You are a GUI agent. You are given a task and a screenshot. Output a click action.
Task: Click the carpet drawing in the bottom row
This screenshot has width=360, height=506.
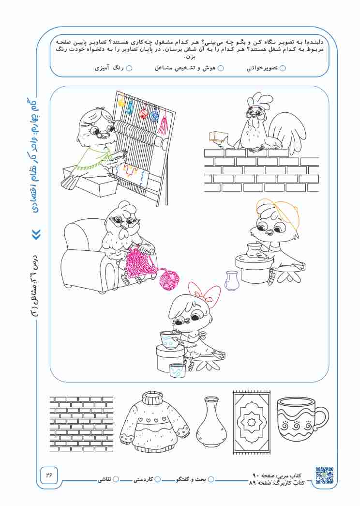[252, 422]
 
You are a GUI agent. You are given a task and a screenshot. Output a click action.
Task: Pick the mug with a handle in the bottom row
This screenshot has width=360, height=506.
[301, 419]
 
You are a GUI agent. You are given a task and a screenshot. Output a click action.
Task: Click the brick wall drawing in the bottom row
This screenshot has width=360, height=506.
[82, 424]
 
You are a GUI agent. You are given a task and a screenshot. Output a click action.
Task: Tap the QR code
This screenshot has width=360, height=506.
[324, 475]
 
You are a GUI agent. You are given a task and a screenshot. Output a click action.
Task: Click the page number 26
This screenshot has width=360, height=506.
[49, 475]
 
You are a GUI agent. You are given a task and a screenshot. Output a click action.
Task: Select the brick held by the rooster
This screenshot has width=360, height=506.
[218, 137]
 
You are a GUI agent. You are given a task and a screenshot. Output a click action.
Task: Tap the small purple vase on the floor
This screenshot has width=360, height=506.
[231, 280]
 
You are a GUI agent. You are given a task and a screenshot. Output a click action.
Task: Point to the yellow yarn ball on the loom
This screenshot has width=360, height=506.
[121, 101]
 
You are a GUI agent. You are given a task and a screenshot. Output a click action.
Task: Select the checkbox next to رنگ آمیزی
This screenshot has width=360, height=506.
[129, 68]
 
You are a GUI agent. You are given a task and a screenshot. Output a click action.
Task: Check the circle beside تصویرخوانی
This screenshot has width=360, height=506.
[283, 68]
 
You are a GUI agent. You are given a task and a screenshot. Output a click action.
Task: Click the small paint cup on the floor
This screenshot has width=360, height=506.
[178, 370]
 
